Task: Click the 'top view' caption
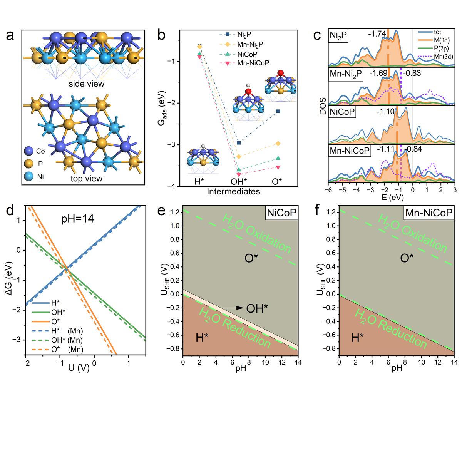(x=86, y=178)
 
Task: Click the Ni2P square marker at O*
(x=278, y=111)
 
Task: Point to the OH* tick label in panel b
(x=238, y=181)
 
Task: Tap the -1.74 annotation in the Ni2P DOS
(x=377, y=34)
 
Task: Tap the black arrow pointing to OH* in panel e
(x=231, y=308)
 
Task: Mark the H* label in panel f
(x=358, y=338)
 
